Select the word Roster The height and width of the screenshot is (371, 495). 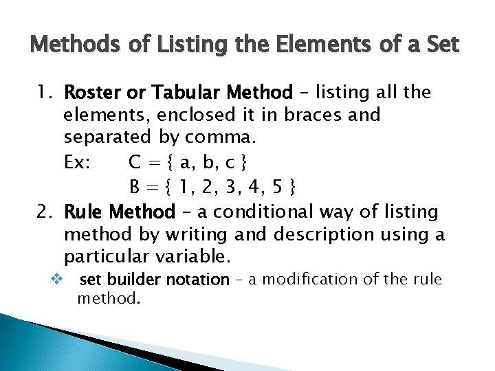(x=91, y=92)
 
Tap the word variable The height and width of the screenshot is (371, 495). (x=198, y=258)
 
